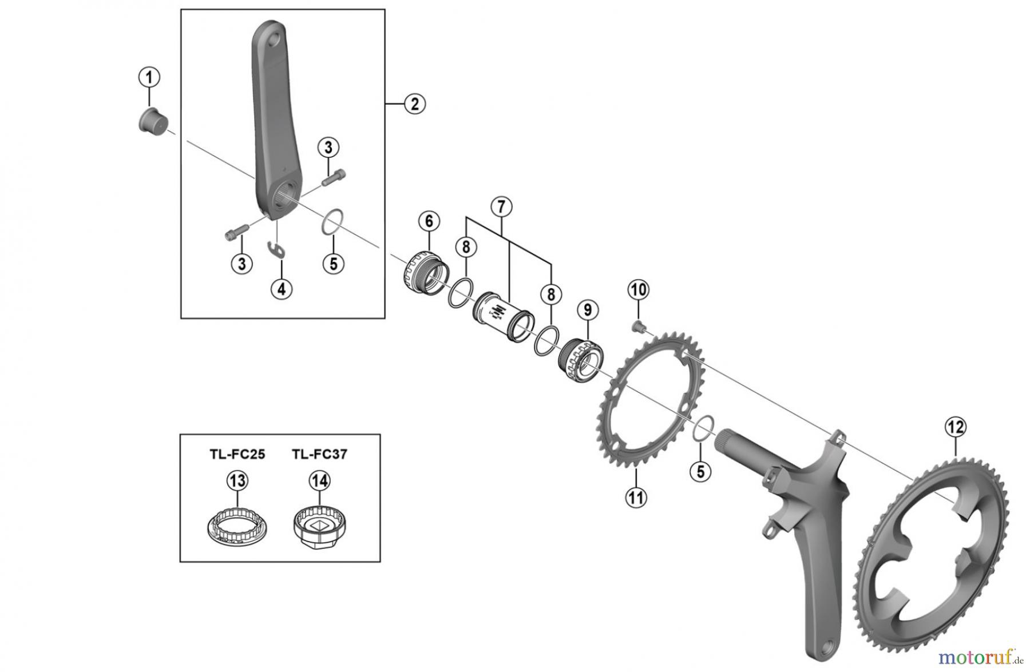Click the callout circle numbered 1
point(149,77)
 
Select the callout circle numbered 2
point(414,104)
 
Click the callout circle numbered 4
point(281,289)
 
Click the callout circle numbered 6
point(429,221)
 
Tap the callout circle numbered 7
point(501,206)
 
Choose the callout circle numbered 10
point(639,291)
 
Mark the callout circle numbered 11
point(636,497)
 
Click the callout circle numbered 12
point(955,427)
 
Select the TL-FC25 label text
point(237,455)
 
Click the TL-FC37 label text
point(319,455)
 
